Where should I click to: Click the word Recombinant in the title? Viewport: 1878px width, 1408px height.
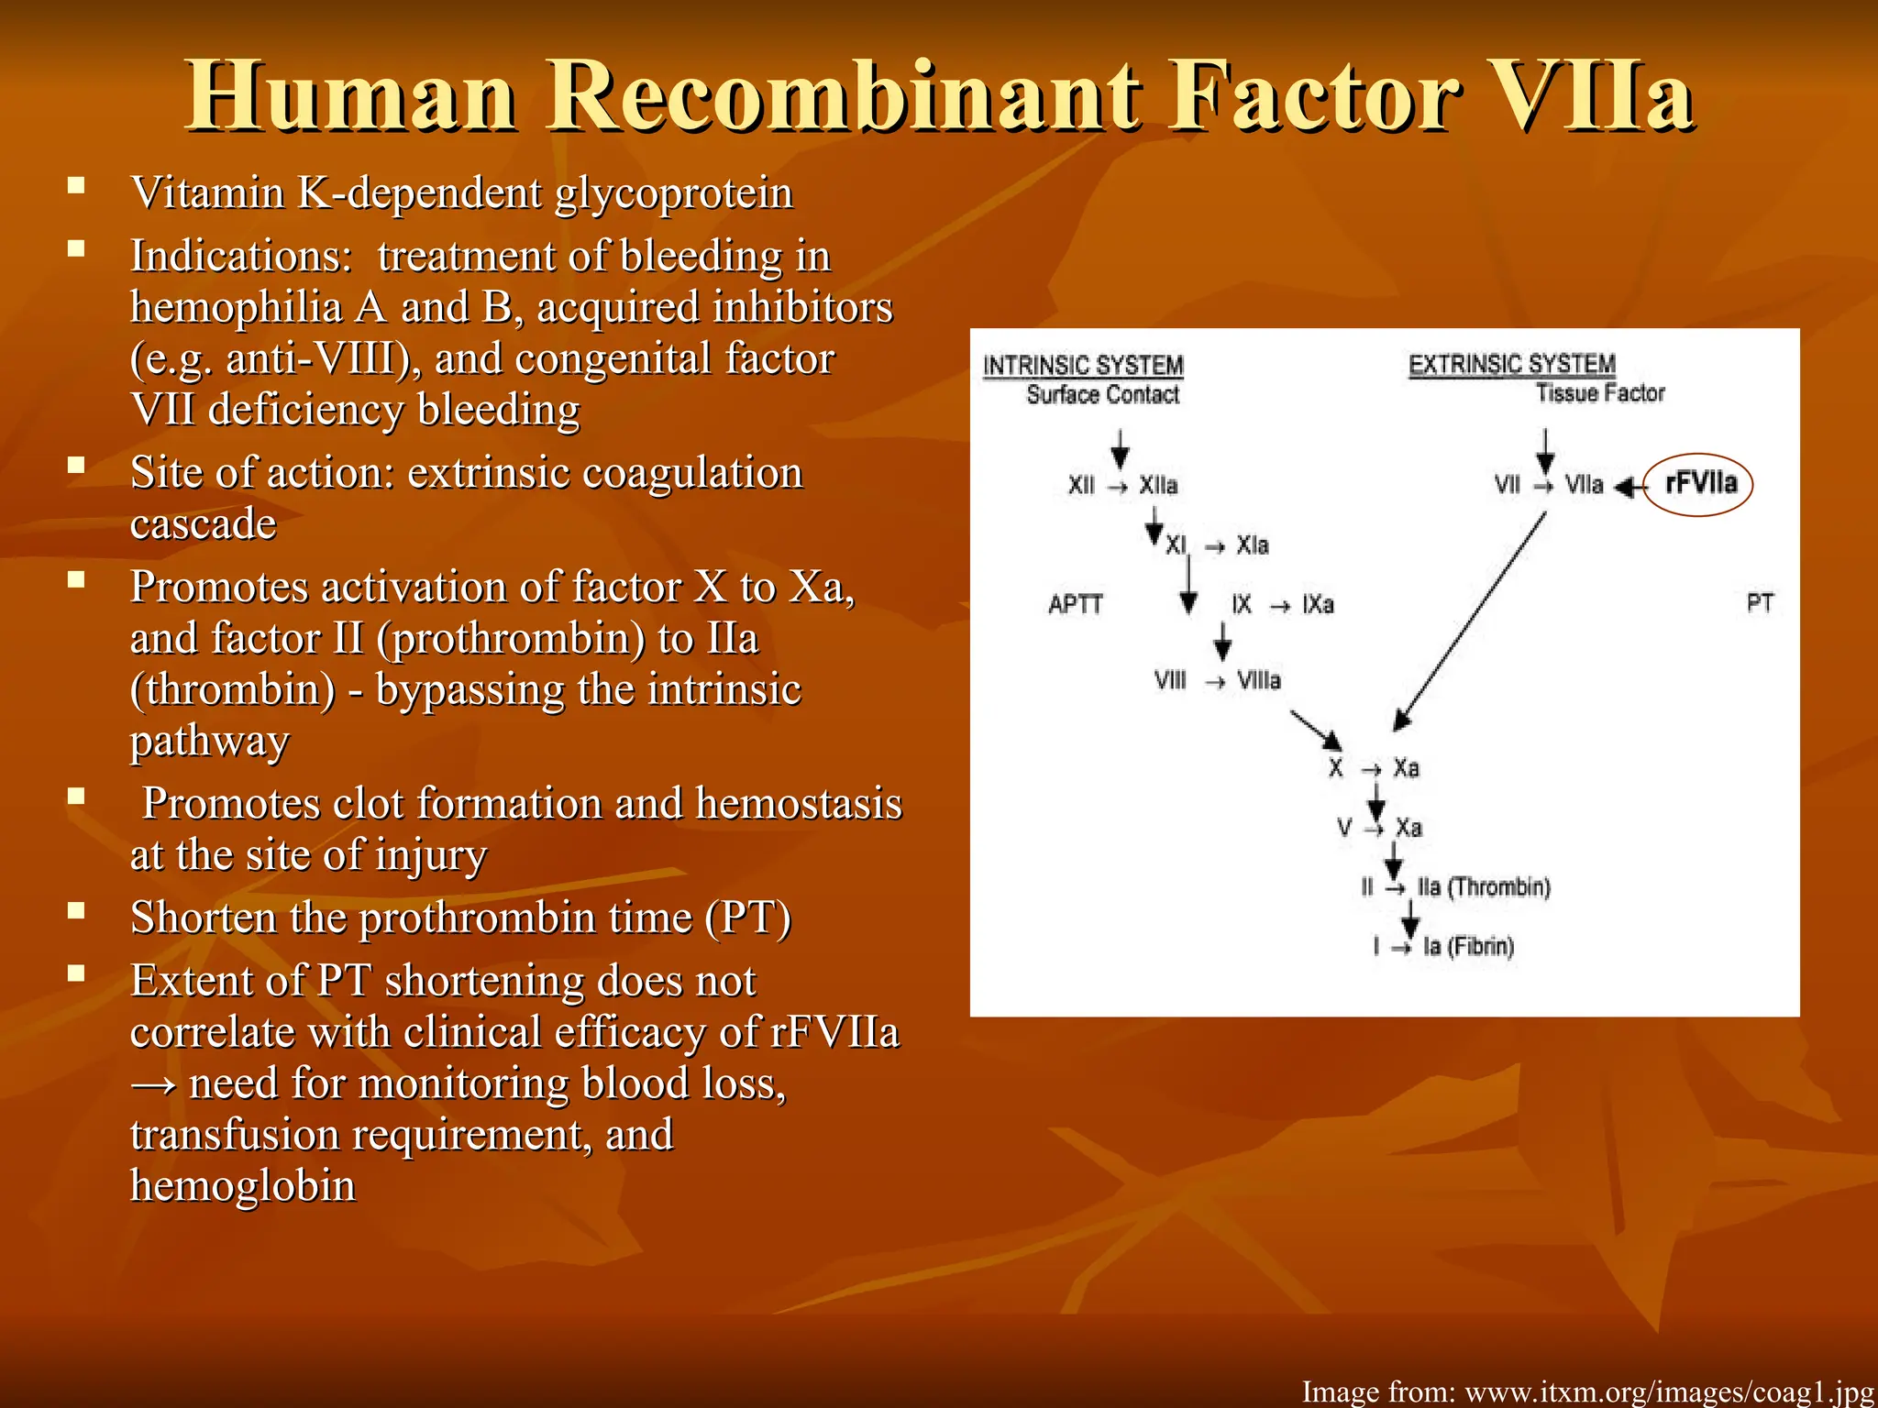pyautogui.click(x=845, y=97)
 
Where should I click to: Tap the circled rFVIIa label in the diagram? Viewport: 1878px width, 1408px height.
pyautogui.click(x=1700, y=483)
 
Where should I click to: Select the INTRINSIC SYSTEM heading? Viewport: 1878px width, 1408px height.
pyautogui.click(x=1083, y=366)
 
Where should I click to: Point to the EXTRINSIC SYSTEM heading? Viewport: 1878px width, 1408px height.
pyautogui.click(x=1511, y=364)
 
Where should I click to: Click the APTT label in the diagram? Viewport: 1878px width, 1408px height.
pyautogui.click(x=1075, y=604)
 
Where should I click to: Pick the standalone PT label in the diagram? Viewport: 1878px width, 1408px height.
pyautogui.click(x=1760, y=603)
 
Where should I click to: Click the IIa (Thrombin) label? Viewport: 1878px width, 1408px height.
pyautogui.click(x=1483, y=887)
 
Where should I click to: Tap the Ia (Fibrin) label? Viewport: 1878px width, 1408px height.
pyautogui.click(x=1467, y=946)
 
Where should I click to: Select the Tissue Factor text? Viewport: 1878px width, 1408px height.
pyautogui.click(x=1600, y=393)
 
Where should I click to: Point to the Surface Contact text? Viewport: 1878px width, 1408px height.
pyautogui.click(x=1103, y=395)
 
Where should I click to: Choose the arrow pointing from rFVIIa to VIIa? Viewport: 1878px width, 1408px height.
pyautogui.click(x=1629, y=487)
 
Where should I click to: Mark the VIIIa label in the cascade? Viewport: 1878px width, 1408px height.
pyautogui.click(x=1258, y=680)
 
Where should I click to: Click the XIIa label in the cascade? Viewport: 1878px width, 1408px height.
pyautogui.click(x=1158, y=485)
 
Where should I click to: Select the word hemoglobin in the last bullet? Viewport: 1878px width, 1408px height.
pyautogui.click(x=242, y=1185)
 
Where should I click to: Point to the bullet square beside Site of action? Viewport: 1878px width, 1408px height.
pyautogui.click(x=76, y=465)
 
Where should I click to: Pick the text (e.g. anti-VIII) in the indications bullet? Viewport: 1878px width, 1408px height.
pyautogui.click(x=270, y=359)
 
